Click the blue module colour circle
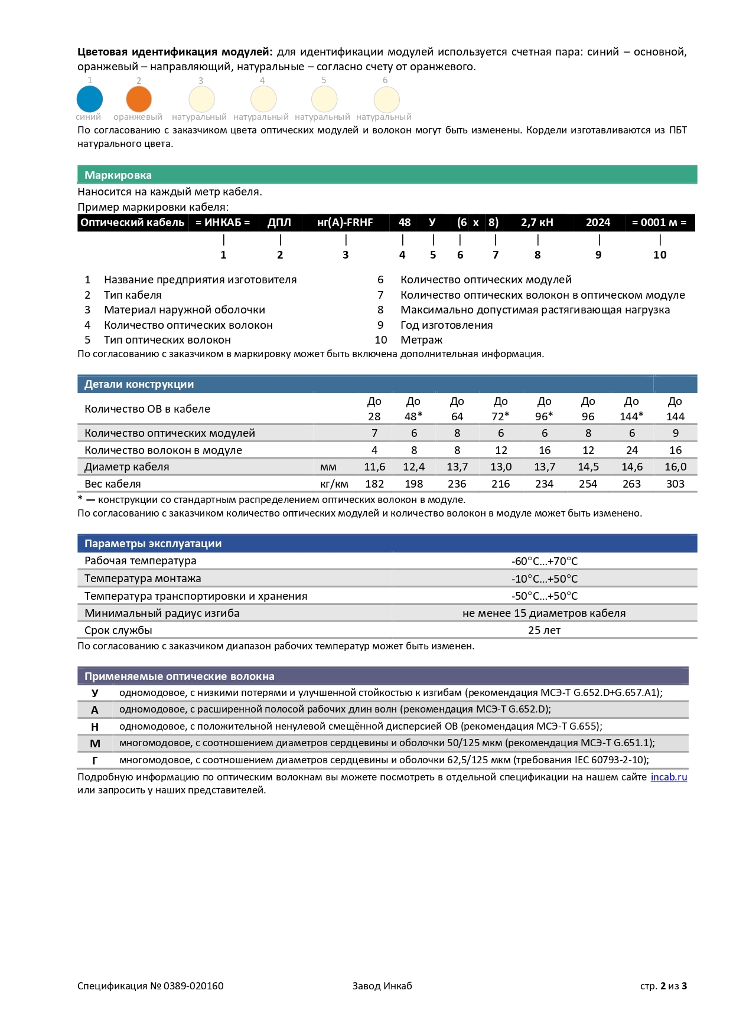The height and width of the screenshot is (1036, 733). click(x=90, y=99)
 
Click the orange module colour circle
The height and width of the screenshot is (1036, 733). click(x=139, y=99)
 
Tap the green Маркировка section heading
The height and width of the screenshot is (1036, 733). click(x=118, y=175)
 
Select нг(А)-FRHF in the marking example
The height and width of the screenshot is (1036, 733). click(x=345, y=223)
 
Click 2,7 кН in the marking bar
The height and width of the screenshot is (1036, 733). click(x=537, y=223)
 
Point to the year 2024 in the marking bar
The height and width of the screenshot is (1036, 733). click(x=598, y=223)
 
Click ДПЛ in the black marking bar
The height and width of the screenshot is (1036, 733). click(x=279, y=223)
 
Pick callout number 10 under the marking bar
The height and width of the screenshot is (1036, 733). click(x=660, y=255)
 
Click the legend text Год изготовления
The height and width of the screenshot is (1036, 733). click(x=447, y=325)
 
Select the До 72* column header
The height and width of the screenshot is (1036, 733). click(x=500, y=408)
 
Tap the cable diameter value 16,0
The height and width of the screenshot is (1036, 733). click(x=675, y=467)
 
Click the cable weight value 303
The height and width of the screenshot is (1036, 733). click(x=675, y=484)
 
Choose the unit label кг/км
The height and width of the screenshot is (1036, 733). click(x=334, y=484)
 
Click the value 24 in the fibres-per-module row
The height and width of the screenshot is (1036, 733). click(x=631, y=450)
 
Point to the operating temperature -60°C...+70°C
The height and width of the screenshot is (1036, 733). click(x=544, y=561)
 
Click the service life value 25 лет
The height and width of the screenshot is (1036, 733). click(x=544, y=630)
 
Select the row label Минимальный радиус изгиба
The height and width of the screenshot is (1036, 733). click(x=162, y=613)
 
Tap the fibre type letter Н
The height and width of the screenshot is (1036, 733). click(x=95, y=727)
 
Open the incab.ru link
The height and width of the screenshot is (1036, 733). click(x=669, y=777)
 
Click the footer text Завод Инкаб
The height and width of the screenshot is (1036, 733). click(x=382, y=986)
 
